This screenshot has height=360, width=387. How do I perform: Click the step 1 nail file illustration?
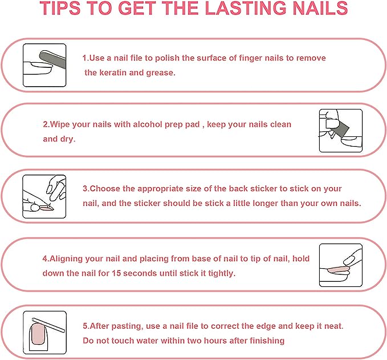(44, 66)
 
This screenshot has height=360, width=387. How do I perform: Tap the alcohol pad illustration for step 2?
(340, 131)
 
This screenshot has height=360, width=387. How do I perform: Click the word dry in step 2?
(67, 139)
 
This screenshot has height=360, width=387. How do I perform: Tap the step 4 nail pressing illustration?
(340, 264)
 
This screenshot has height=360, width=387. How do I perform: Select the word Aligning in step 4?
(67, 258)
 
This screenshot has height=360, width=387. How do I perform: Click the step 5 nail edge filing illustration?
(44, 333)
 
